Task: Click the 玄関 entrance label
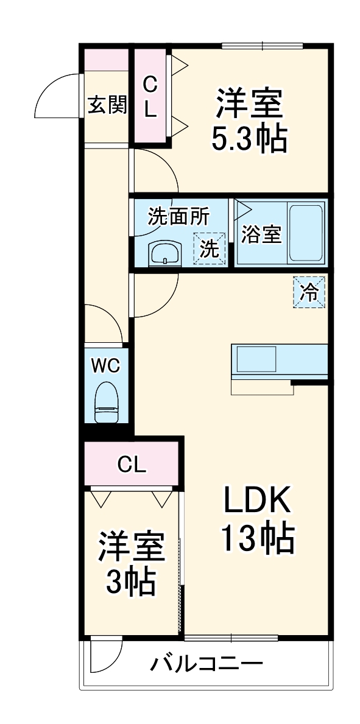click(107, 105)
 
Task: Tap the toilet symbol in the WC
click(107, 402)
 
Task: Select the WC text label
click(106, 365)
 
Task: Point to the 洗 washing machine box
click(210, 249)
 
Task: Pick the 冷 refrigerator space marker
click(309, 292)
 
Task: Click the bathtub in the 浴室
click(306, 231)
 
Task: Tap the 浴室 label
click(260, 234)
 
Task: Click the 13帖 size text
click(257, 538)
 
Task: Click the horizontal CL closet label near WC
click(132, 465)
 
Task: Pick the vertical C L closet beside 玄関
click(150, 98)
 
